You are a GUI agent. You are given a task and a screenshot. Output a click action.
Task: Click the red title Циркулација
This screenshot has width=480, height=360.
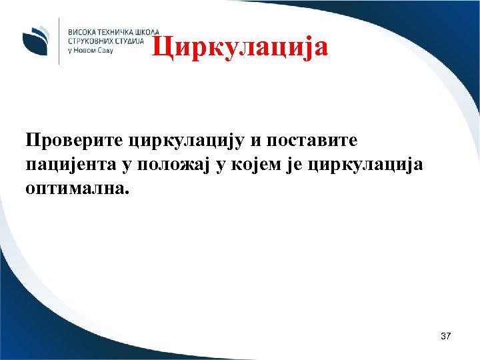(239, 47)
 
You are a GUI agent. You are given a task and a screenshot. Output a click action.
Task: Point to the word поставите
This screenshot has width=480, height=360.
(315, 141)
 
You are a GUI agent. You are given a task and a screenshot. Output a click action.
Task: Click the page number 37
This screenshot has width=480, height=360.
(445, 337)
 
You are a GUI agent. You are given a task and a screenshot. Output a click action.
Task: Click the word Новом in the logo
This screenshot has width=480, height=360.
(87, 50)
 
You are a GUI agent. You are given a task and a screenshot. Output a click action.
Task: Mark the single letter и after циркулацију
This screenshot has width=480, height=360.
(256, 141)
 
